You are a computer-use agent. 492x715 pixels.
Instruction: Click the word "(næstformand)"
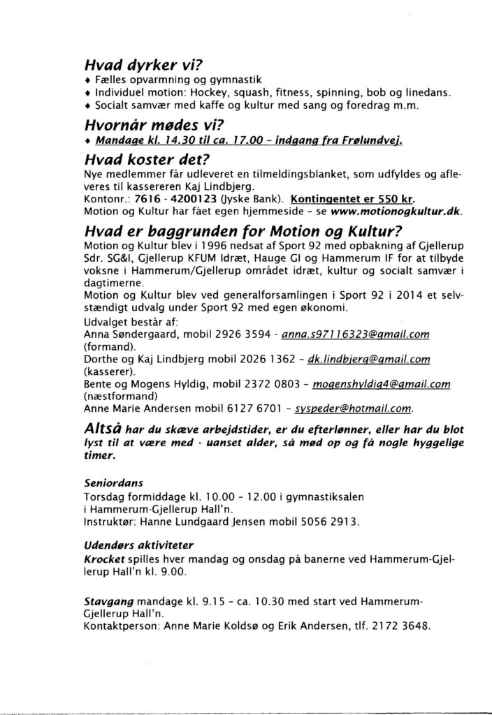click(x=119, y=395)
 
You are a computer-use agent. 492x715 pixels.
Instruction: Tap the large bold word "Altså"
click(x=107, y=427)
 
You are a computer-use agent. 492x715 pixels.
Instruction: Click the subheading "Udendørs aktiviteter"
click(x=138, y=543)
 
